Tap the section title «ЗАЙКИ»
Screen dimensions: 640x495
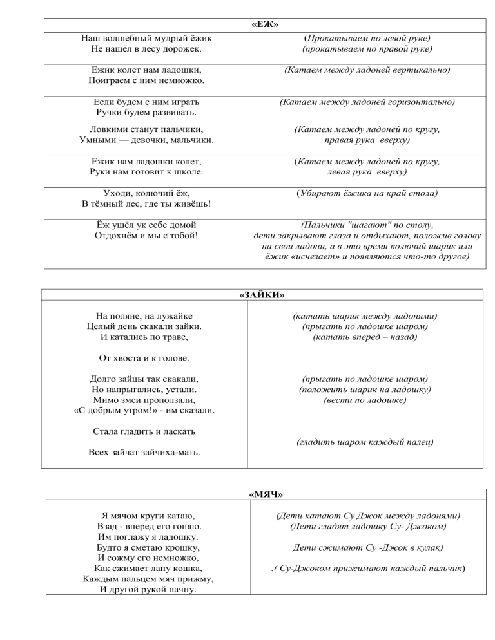coord(262,295)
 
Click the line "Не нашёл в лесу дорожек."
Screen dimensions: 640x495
coord(144,48)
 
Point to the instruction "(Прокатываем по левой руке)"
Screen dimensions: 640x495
coord(367,38)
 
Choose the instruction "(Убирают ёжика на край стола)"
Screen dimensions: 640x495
coord(367,193)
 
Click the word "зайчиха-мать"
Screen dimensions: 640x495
coord(171,452)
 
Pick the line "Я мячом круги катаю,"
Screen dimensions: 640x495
coord(144,516)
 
